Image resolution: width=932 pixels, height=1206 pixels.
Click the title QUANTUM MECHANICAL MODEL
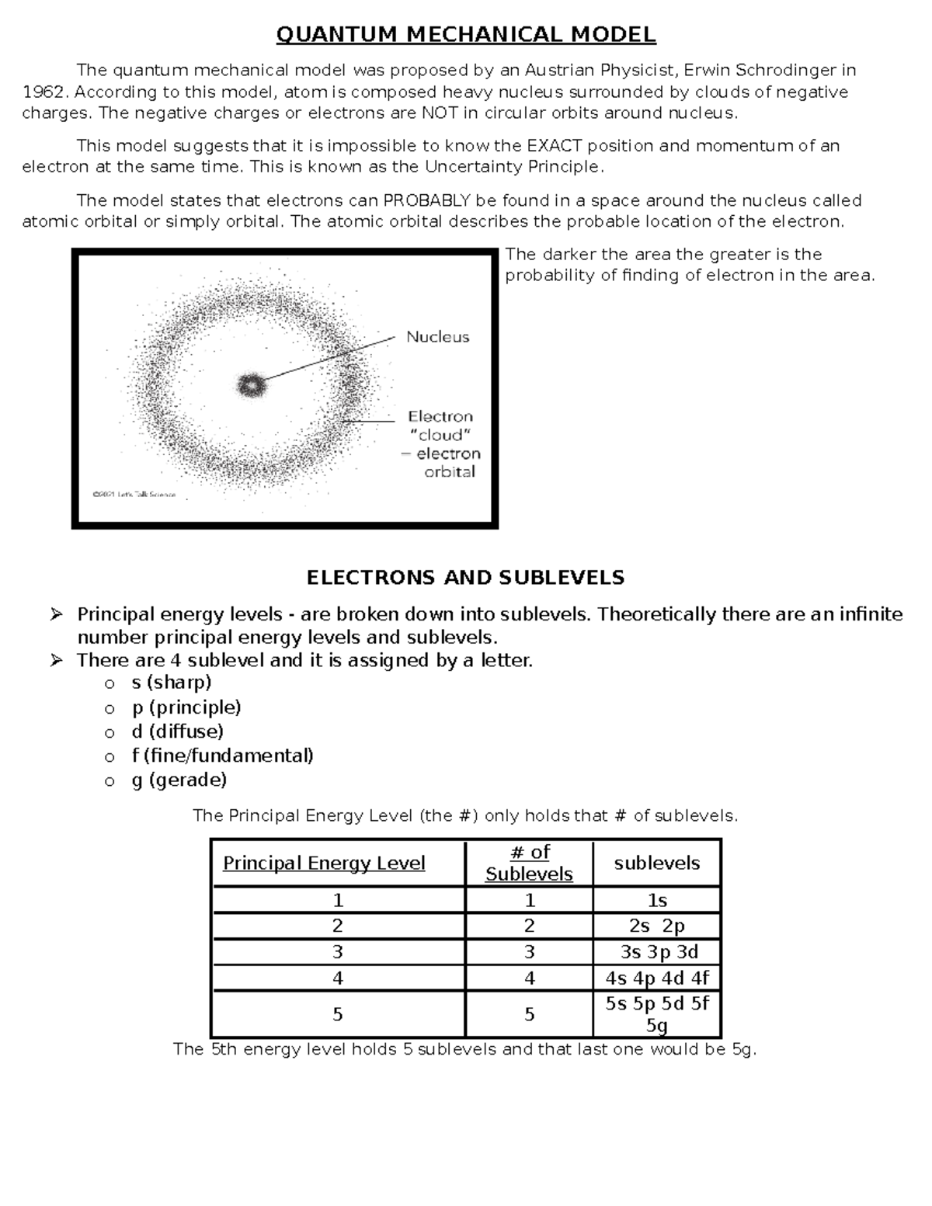(x=466, y=35)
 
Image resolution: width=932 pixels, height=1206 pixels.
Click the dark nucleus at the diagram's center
(x=250, y=384)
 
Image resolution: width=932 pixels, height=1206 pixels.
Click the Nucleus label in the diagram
(x=438, y=337)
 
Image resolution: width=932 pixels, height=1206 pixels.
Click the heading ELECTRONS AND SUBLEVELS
(x=465, y=578)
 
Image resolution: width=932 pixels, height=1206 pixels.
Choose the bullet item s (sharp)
(x=172, y=683)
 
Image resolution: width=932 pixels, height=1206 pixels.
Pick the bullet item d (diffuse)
(x=178, y=732)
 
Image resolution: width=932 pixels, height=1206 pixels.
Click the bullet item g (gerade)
(x=179, y=780)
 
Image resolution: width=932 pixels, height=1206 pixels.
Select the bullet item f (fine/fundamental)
(x=223, y=756)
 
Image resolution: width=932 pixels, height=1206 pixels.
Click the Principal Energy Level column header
(x=324, y=864)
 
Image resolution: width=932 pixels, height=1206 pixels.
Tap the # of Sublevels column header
(x=529, y=863)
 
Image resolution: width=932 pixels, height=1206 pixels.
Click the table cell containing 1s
(x=657, y=901)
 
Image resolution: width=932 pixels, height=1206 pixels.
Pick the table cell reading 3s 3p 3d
(x=657, y=952)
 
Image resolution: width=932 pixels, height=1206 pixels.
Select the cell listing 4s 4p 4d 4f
(x=657, y=978)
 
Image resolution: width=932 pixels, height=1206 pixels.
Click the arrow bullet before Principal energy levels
(x=57, y=615)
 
